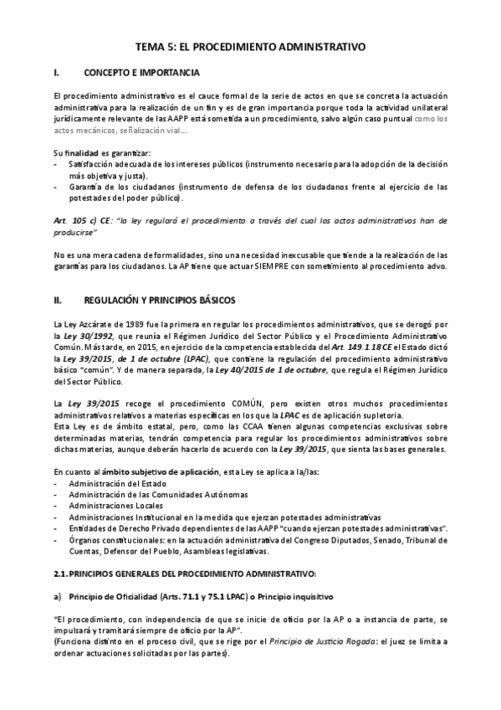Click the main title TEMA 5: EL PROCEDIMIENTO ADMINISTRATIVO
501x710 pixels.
pos(250,49)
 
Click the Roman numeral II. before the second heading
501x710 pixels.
pos(58,299)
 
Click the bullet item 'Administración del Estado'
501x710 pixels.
pos(118,483)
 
